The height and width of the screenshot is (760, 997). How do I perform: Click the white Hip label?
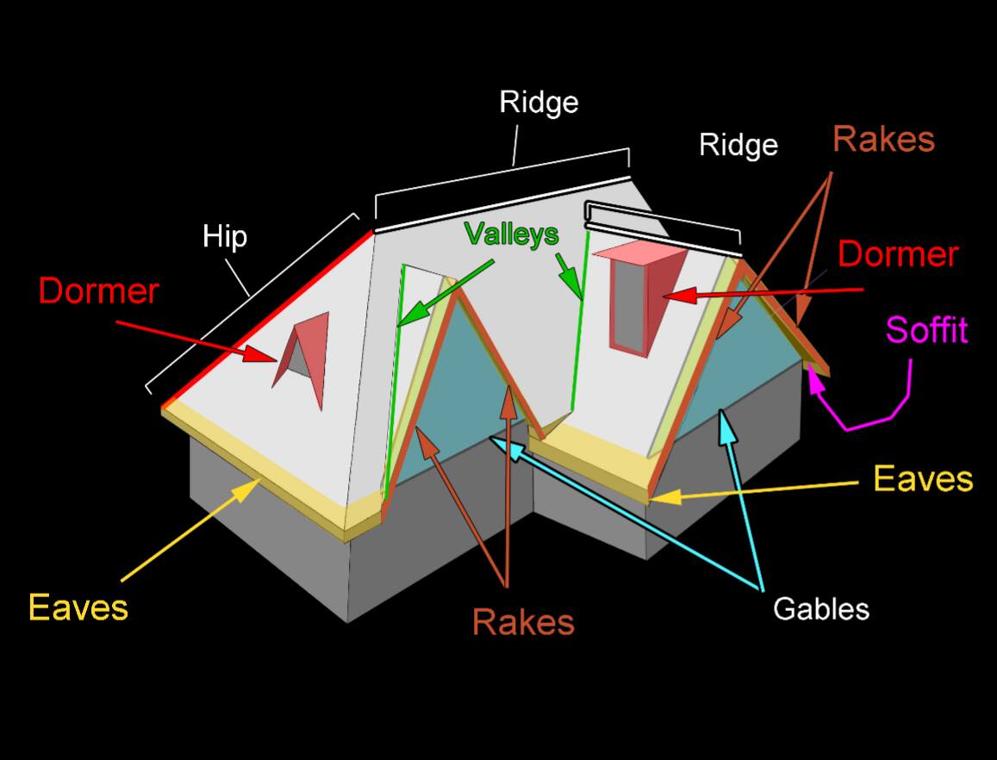coord(224,237)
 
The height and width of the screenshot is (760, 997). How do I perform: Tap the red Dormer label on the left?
coord(98,291)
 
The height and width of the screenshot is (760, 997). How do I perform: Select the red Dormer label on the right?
coord(898,254)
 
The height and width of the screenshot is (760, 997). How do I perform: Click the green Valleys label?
coord(511,234)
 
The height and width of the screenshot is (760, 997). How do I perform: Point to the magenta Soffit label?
coord(926,329)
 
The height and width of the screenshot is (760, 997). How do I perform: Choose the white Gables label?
coord(821,608)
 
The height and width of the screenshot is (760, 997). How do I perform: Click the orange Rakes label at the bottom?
coord(523,622)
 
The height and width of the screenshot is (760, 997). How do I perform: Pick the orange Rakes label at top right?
coord(884,140)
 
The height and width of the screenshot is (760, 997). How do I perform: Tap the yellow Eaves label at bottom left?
coord(78,607)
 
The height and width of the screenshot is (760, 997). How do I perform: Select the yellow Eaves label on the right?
coord(923,478)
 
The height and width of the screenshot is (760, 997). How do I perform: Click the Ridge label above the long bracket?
coord(539,103)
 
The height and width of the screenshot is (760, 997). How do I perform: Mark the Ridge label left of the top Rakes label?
coord(738,145)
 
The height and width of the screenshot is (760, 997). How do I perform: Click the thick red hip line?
coord(267,318)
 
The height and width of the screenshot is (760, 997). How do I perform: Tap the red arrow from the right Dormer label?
coord(763,293)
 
